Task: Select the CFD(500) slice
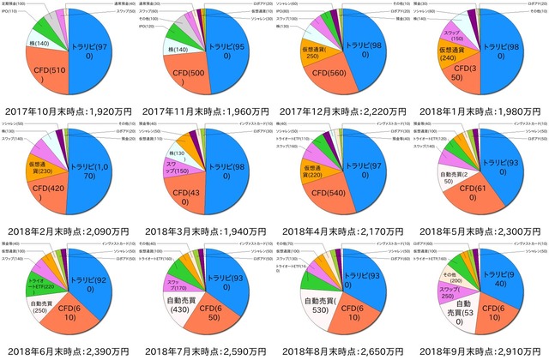click(186, 72)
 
